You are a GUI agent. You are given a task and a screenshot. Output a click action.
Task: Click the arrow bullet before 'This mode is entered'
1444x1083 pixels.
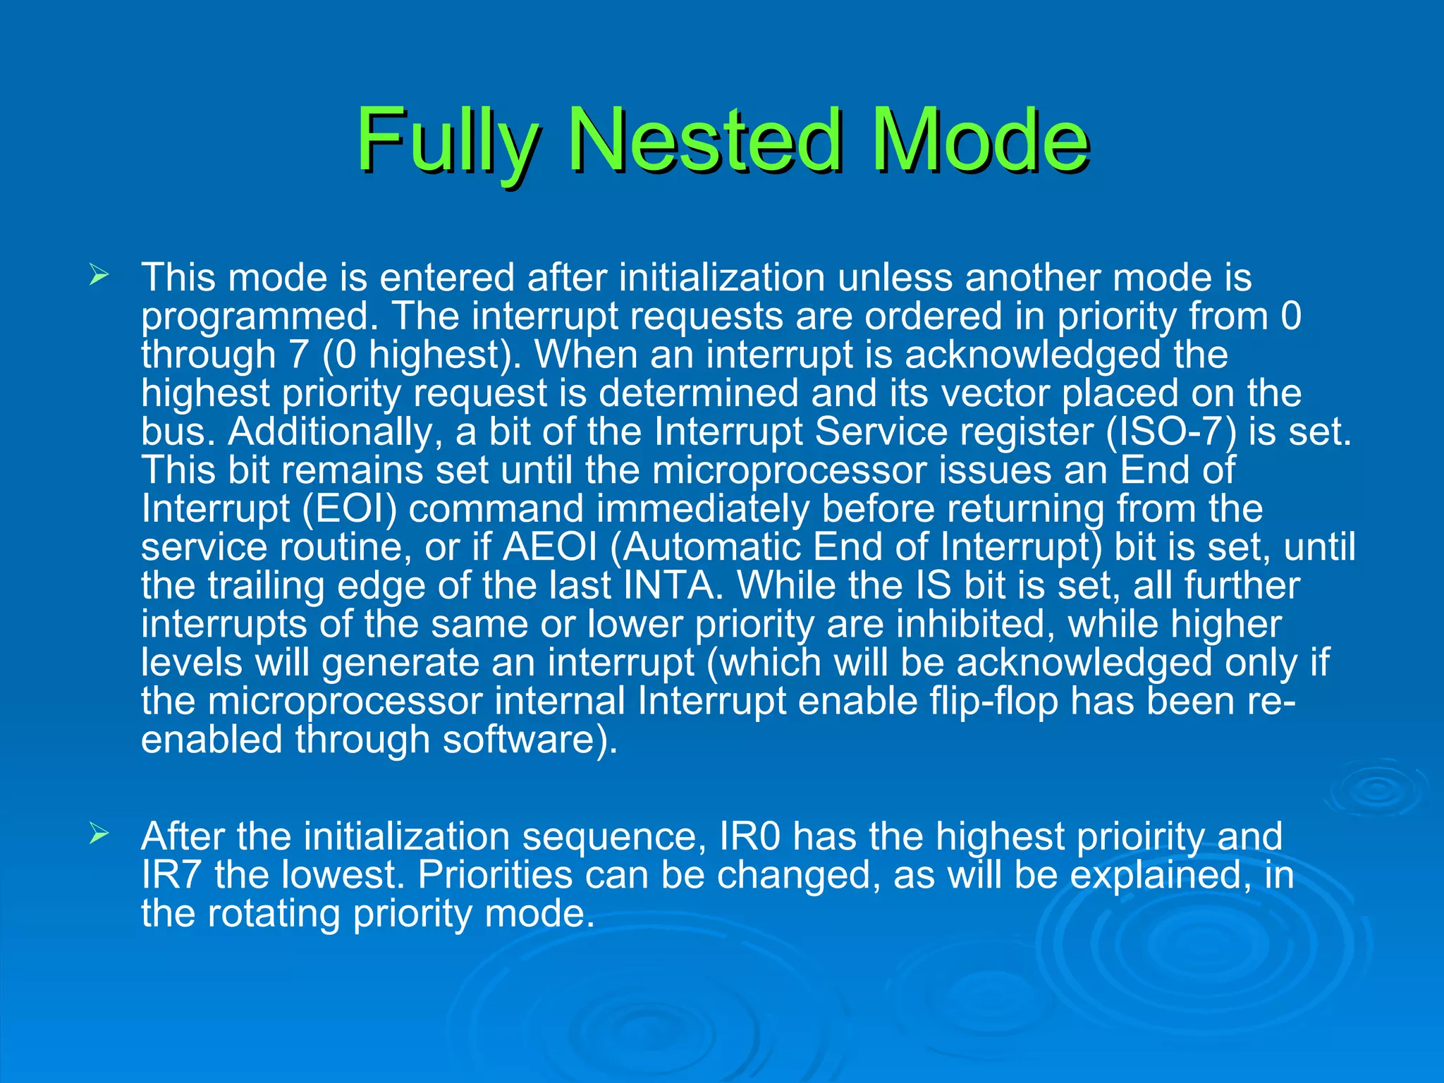point(99,275)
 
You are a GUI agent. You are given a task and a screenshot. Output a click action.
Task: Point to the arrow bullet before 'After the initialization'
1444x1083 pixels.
point(99,835)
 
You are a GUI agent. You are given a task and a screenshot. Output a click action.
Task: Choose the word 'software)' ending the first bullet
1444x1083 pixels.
point(530,740)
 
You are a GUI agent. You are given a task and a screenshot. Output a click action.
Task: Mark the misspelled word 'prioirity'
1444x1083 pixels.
point(1137,836)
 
